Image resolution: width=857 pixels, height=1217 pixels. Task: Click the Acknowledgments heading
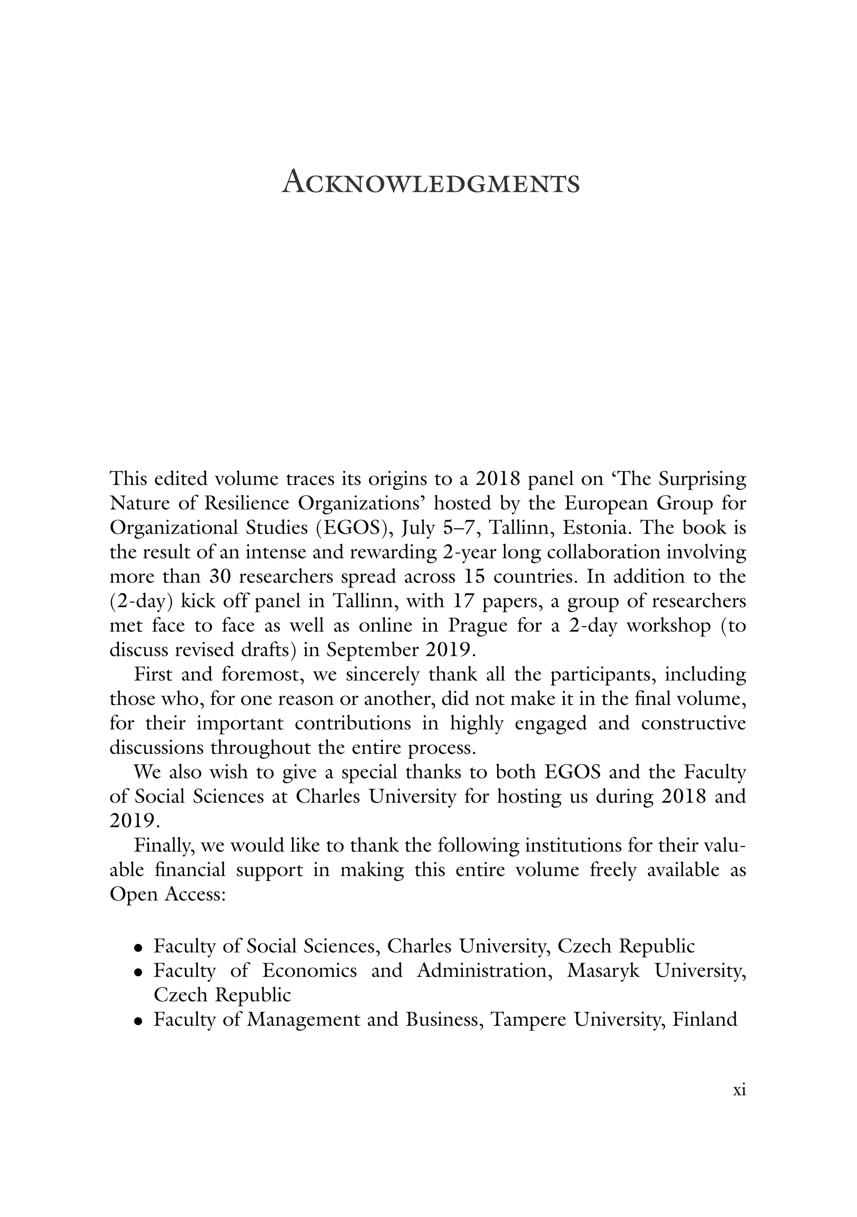click(x=431, y=183)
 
